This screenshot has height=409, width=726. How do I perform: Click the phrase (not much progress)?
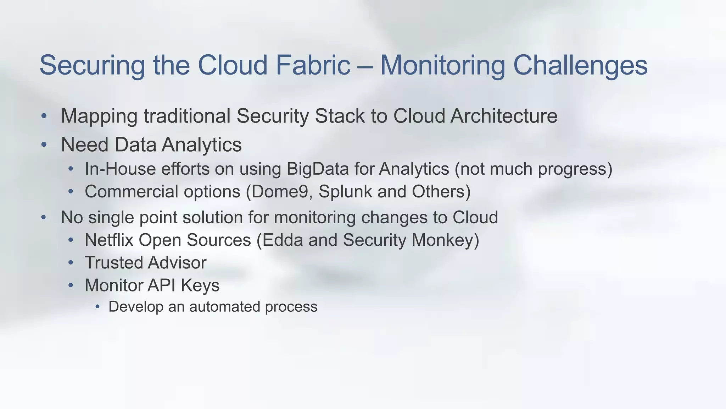pyautogui.click(x=533, y=169)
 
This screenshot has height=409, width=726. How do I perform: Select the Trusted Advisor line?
pyautogui.click(x=145, y=263)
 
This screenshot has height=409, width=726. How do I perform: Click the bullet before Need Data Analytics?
pyautogui.click(x=44, y=145)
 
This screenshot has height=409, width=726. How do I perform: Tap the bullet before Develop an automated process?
pyautogui.click(x=97, y=307)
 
